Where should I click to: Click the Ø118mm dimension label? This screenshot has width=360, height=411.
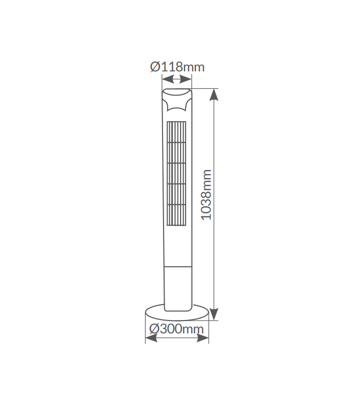pos(177,67)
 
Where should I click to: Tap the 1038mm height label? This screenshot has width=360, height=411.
pos(206,195)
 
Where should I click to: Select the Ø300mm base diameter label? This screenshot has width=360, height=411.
pos(176,329)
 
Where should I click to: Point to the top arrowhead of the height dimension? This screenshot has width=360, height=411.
pos(214,95)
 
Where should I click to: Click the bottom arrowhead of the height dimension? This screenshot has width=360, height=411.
pos(214,314)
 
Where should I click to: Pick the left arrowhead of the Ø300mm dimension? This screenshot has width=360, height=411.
pos(151,338)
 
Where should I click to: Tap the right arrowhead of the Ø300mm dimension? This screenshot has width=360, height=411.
pos(203,338)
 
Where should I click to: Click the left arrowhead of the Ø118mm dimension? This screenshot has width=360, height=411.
pos(168,79)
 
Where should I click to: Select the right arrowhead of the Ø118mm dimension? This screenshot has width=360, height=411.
pos(186,79)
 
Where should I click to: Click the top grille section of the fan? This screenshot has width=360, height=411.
pos(176,132)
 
